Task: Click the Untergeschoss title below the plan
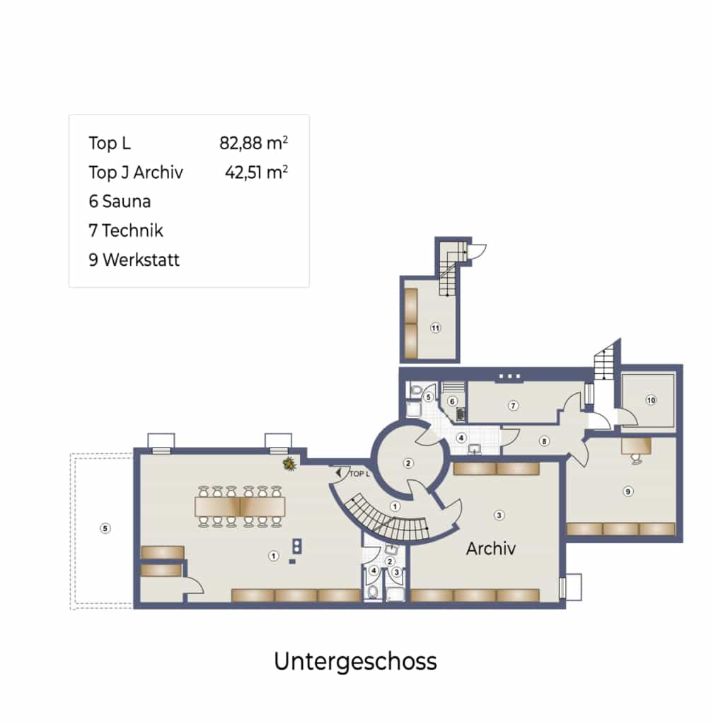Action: (355, 662)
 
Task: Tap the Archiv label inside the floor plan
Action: (491, 549)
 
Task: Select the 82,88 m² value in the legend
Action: (254, 143)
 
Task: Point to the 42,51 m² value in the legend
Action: (256, 173)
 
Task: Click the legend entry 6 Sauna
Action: (120, 202)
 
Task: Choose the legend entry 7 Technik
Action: (126, 230)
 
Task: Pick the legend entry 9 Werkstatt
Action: (134, 260)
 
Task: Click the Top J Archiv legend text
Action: (136, 173)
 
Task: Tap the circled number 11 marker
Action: (435, 328)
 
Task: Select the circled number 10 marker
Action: (651, 400)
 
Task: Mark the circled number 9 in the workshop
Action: (628, 491)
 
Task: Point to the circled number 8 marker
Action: (544, 441)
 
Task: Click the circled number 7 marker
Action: (513, 405)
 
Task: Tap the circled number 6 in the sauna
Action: (452, 402)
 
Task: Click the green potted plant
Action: (289, 464)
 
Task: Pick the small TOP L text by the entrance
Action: (359, 474)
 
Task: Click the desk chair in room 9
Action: (636, 458)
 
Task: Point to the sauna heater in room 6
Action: (461, 414)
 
